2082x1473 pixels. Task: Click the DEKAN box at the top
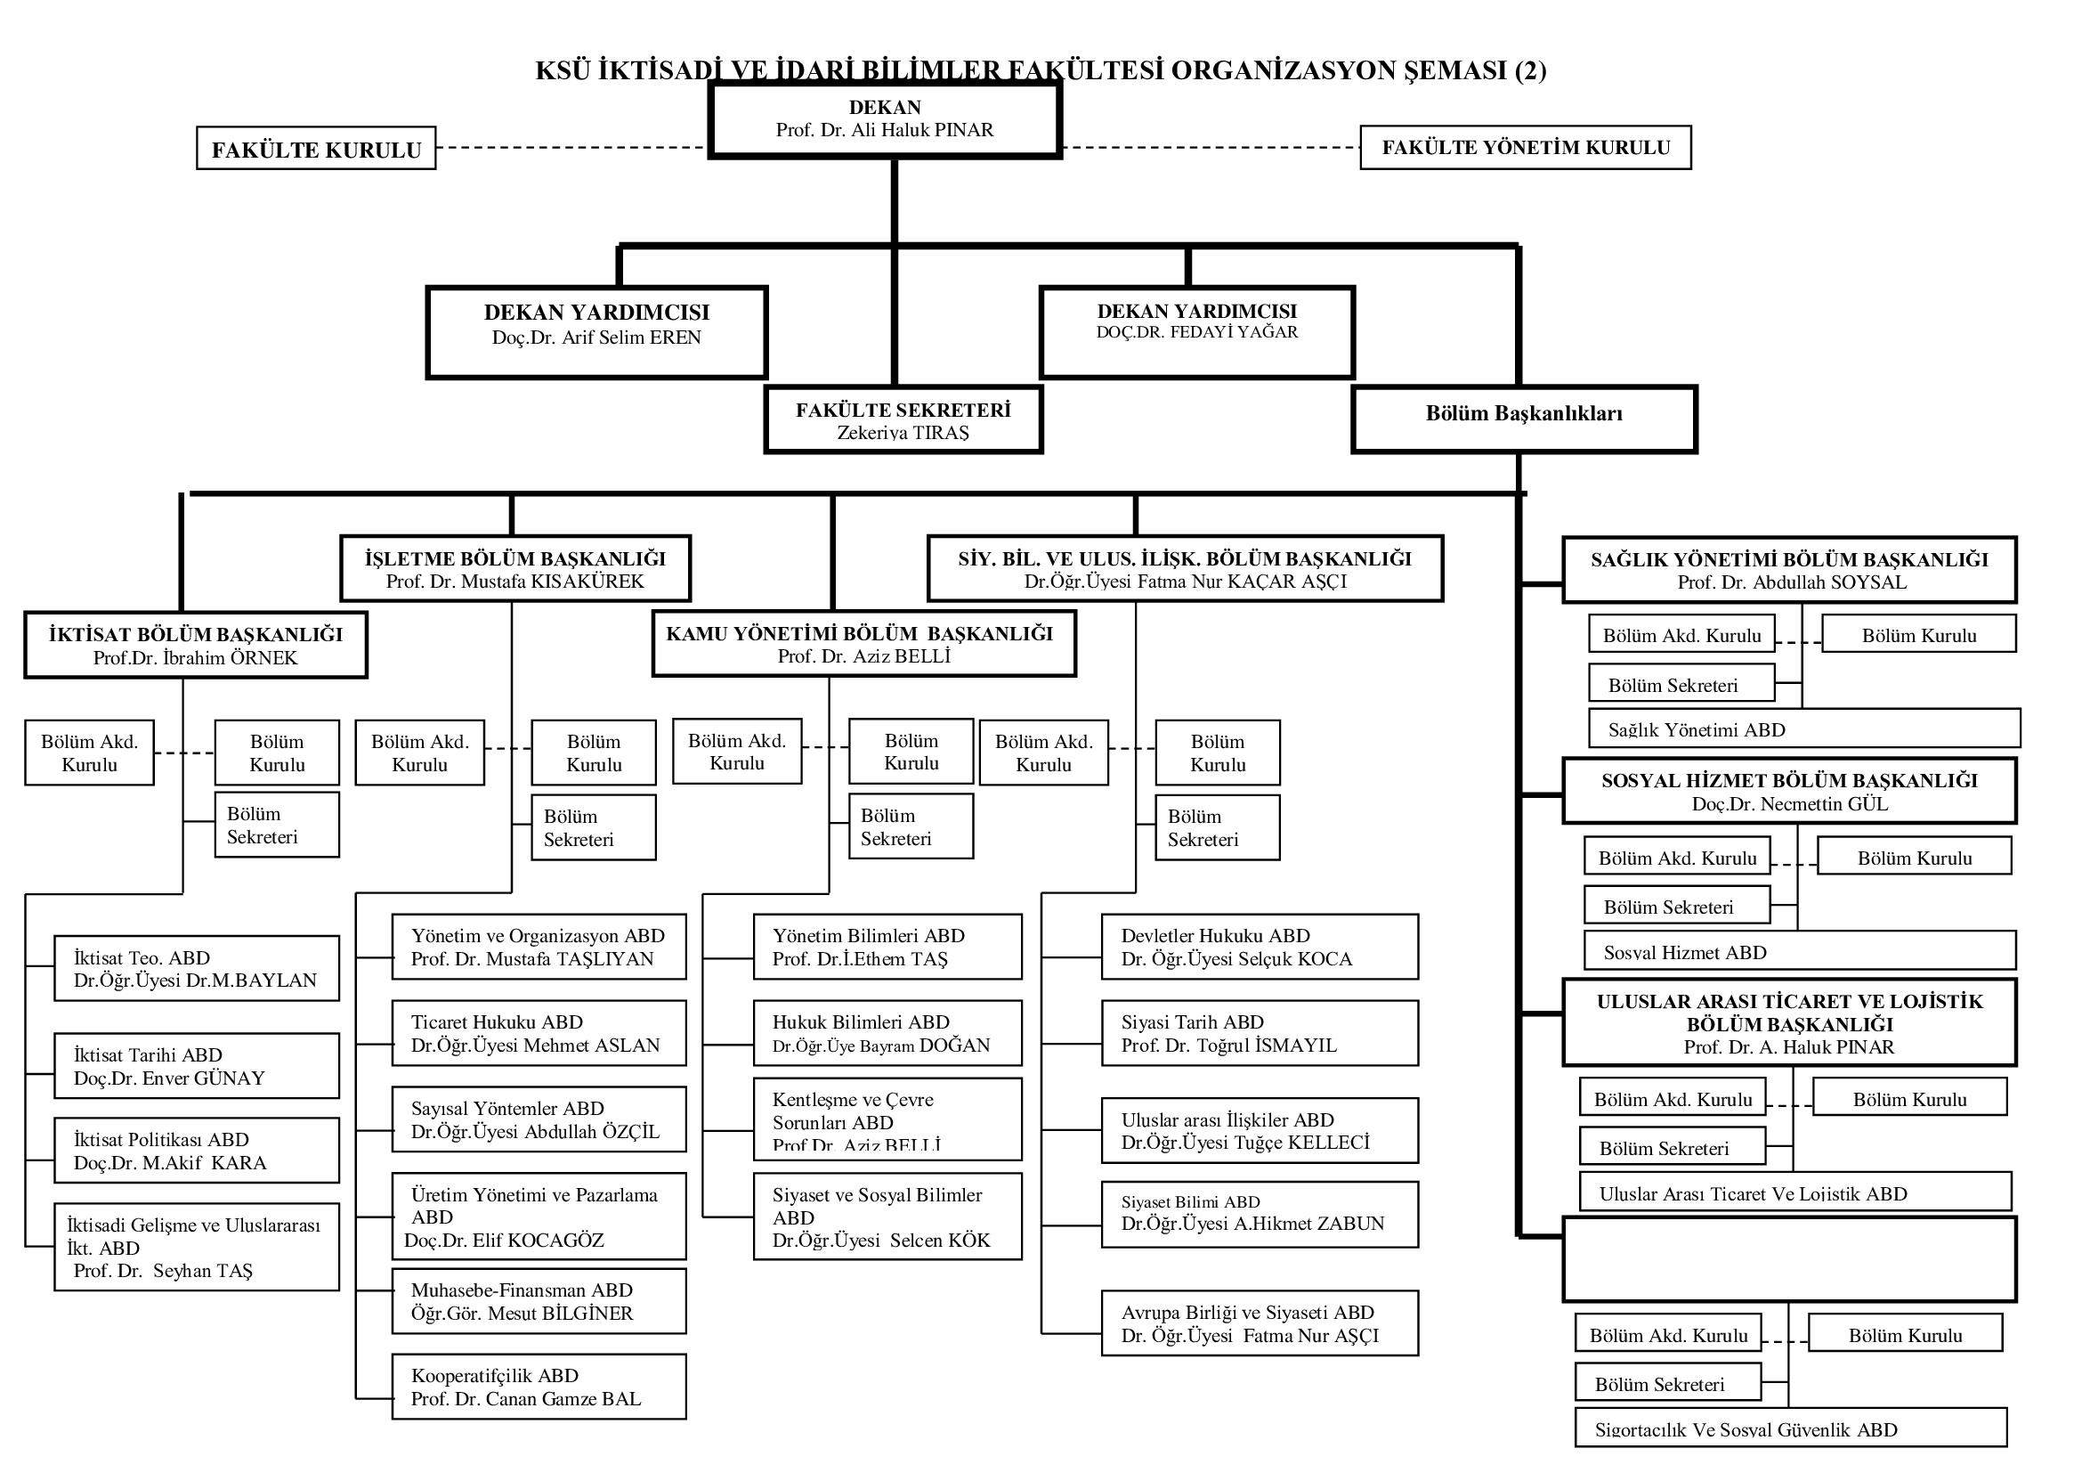click(884, 119)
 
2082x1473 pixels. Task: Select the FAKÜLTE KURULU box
click(316, 149)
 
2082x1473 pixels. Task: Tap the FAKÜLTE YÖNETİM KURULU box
click(1526, 148)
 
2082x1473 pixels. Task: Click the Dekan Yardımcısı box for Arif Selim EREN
click(596, 332)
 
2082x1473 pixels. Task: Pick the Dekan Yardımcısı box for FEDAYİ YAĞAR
click(1197, 332)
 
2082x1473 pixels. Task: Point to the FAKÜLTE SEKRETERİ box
click(903, 420)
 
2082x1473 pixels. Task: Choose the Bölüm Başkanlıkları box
click(1523, 419)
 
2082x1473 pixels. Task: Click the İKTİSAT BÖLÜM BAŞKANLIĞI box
click(196, 645)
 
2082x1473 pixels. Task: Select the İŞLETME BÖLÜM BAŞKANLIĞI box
click(515, 569)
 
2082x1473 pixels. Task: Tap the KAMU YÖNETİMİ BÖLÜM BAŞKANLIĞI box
click(863, 644)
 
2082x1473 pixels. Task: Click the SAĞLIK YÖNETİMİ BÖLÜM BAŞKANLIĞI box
click(1789, 571)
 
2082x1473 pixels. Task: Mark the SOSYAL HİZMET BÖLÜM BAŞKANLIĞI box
click(1789, 791)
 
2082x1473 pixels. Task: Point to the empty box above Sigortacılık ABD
click(1789, 1260)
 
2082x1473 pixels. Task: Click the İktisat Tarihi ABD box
click(196, 1066)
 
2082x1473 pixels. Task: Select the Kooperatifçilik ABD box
click(539, 1387)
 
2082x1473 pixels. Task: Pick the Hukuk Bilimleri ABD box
click(887, 1033)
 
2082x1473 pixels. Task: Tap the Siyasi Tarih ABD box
click(1260, 1033)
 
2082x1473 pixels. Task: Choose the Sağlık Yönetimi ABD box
click(1804, 729)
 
